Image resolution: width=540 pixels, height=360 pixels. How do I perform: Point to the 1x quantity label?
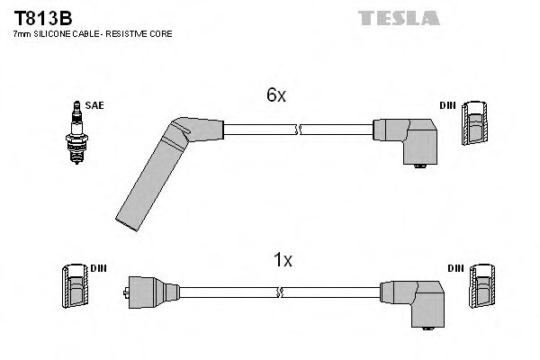click(x=283, y=260)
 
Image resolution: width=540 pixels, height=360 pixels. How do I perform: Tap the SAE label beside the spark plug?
click(x=94, y=105)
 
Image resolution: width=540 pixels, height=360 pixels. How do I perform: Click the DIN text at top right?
click(x=447, y=105)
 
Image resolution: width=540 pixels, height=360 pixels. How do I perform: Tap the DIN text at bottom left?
click(x=98, y=268)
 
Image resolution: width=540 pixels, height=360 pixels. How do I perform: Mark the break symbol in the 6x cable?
click(x=298, y=130)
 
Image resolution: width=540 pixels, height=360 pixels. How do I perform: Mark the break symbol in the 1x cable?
click(x=282, y=292)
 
